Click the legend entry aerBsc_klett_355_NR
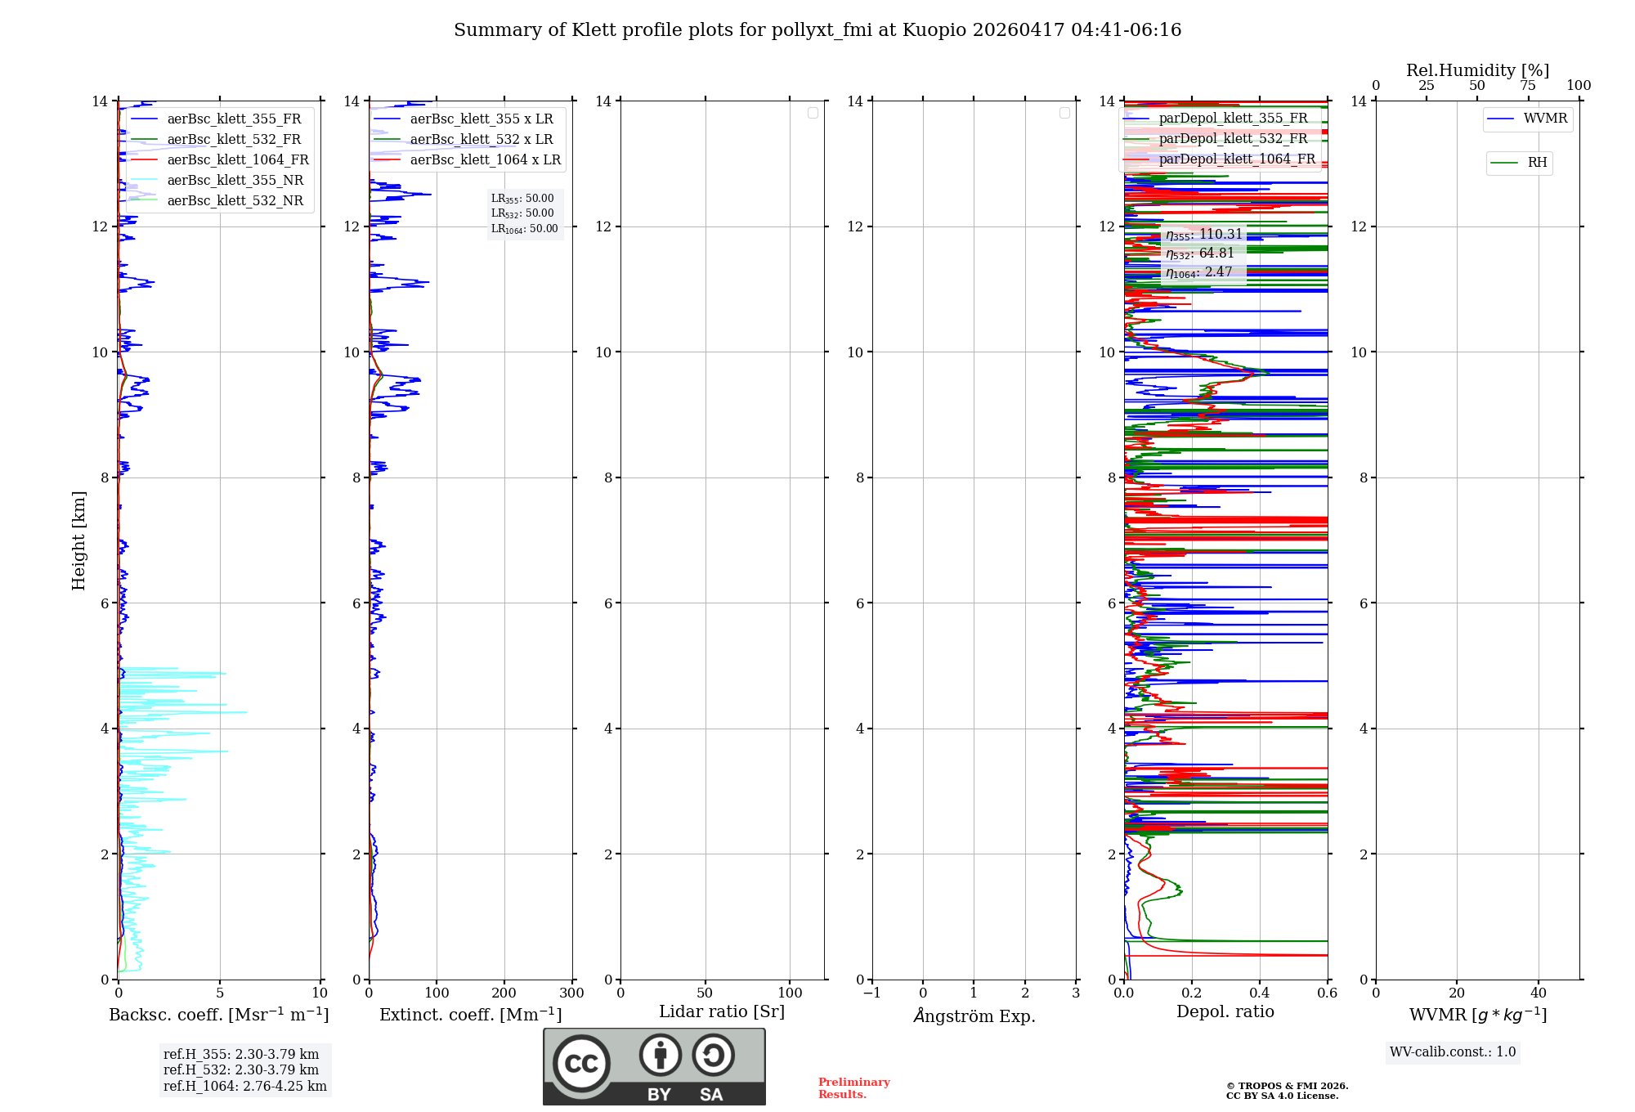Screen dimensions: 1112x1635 coord(235,181)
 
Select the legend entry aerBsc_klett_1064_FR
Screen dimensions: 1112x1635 coord(238,160)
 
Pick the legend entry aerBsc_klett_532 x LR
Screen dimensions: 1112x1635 coord(482,140)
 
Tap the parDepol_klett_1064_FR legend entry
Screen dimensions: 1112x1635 coord(1237,159)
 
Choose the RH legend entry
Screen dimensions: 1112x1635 coord(1537,163)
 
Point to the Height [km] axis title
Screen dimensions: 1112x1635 coord(78,540)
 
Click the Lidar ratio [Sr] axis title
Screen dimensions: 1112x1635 coord(722,1012)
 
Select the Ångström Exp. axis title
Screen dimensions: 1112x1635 coord(974,1016)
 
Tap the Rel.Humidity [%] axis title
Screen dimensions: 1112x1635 coord(1477,70)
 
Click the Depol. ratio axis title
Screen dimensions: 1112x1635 coord(1225,1012)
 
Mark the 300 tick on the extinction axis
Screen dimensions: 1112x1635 coord(571,993)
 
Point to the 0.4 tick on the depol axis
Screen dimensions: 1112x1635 coord(1260,993)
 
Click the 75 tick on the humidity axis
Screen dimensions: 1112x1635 coord(1528,86)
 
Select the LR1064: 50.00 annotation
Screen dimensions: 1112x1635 coord(525,229)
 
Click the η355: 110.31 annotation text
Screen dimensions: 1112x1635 coord(1204,235)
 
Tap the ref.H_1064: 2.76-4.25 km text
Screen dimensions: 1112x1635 coord(245,1087)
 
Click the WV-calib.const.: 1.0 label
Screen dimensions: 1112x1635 coord(1453,1052)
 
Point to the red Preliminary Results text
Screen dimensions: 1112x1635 coord(853,1088)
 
